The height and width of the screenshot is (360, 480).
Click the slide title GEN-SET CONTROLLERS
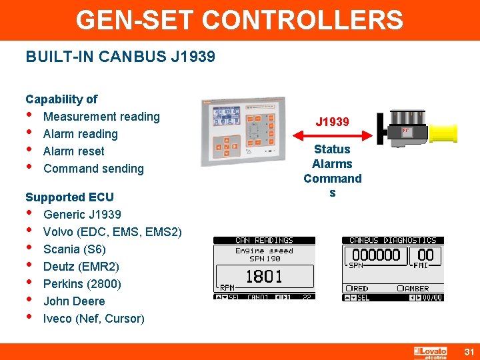click(239, 20)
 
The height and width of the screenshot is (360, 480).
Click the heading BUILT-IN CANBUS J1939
click(120, 57)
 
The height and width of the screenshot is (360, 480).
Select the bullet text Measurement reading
click(101, 117)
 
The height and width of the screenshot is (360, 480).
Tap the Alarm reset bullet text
click(73, 151)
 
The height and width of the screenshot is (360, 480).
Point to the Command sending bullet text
click(93, 169)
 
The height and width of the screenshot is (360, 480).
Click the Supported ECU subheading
click(69, 197)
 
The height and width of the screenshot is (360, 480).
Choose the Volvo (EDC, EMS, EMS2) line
click(112, 232)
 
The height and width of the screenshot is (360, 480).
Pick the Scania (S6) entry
click(74, 249)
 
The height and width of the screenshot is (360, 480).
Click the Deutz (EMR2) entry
click(81, 267)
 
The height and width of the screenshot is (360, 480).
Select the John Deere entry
click(74, 301)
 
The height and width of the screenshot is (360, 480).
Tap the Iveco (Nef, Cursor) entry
click(93, 319)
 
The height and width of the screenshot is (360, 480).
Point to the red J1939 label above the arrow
click(332, 122)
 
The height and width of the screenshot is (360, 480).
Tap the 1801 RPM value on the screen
click(264, 276)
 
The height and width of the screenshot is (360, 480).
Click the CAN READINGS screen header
click(264, 240)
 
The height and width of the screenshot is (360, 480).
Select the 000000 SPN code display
click(377, 255)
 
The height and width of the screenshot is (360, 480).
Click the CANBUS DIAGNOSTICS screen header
click(393, 240)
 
